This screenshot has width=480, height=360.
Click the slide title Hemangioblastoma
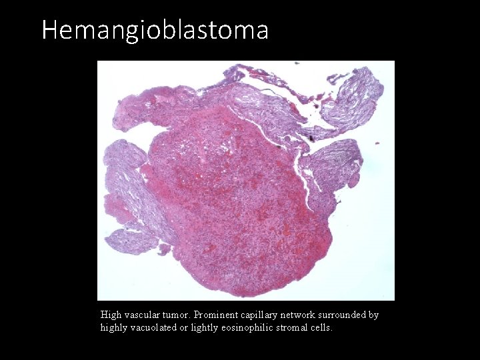155,30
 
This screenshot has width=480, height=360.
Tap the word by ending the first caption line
373,315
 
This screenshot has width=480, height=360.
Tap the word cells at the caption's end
321,327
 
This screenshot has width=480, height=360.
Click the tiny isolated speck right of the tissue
378,142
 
